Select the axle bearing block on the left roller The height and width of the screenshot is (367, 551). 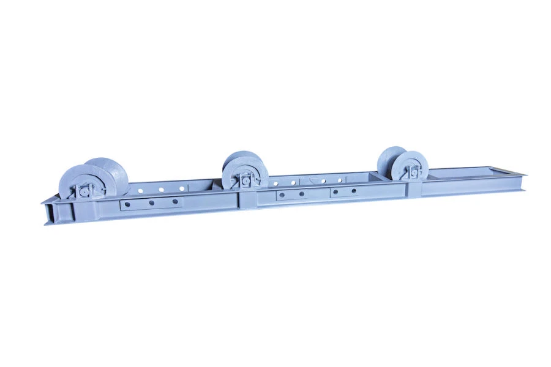click(83, 191)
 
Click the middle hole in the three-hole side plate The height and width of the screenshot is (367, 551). click(154, 202)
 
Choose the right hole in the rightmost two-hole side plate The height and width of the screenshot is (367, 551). click(354, 191)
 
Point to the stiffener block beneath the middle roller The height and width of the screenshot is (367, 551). click(249, 198)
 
